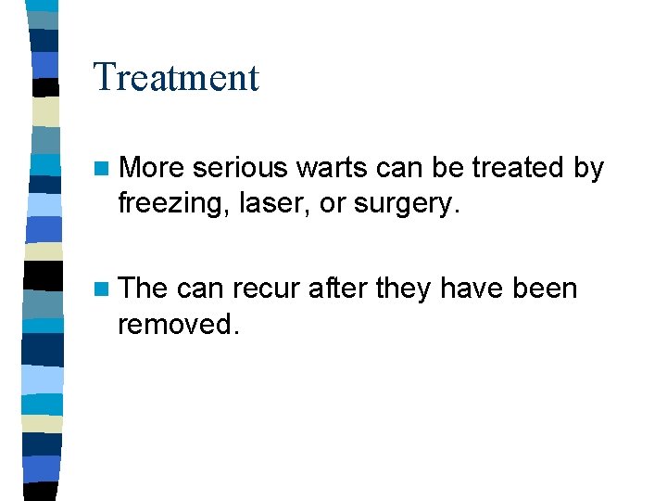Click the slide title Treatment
[176, 77]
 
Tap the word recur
[266, 289]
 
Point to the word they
[406, 289]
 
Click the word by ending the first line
[589, 169]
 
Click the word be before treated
[450, 168]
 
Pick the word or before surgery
[331, 203]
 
